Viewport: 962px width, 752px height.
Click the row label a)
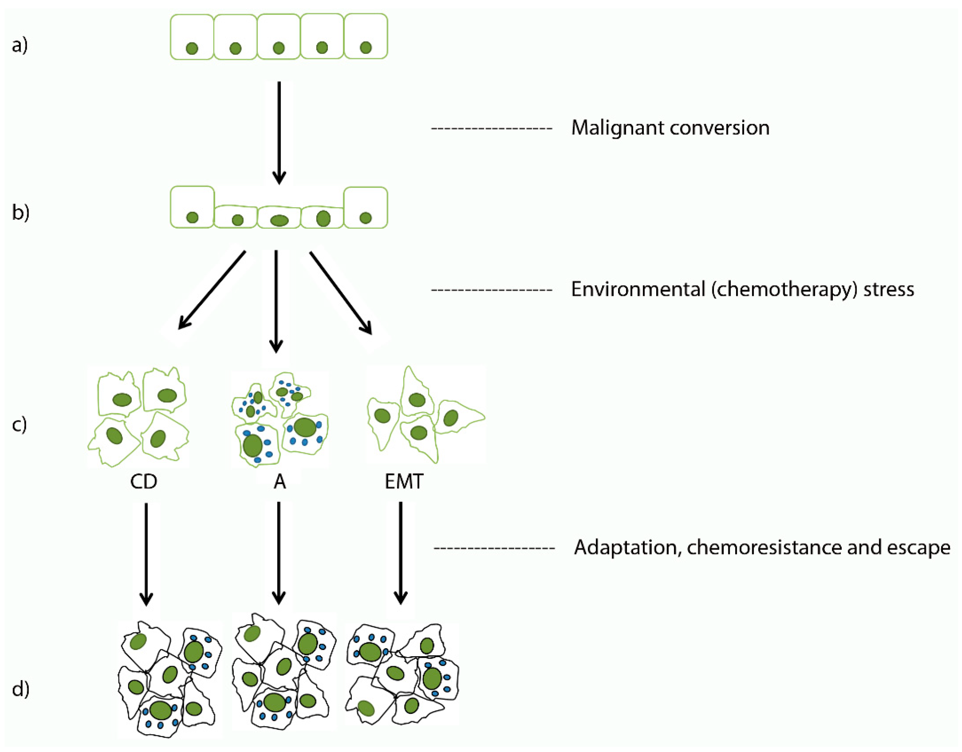point(20,45)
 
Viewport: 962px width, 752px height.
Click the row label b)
point(20,212)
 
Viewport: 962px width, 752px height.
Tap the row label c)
point(19,425)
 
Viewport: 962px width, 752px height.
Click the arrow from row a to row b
point(279,132)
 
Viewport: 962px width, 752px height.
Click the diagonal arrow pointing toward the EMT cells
point(340,292)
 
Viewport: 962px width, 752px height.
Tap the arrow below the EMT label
point(400,553)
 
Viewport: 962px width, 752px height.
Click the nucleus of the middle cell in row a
point(279,48)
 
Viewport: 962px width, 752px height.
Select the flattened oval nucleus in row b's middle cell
point(279,221)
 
